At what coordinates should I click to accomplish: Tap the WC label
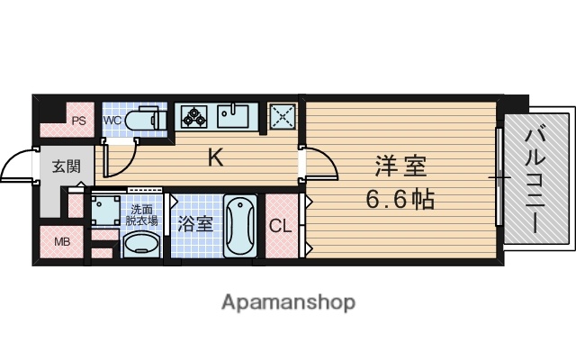112,120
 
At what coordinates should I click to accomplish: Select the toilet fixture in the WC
144,120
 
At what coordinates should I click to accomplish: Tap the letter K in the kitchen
216,158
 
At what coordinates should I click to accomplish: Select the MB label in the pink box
62,241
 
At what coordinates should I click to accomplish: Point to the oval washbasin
140,244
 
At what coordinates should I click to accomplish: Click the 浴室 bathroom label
195,223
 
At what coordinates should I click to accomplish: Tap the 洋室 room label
399,167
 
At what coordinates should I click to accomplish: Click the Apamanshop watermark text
288,301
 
